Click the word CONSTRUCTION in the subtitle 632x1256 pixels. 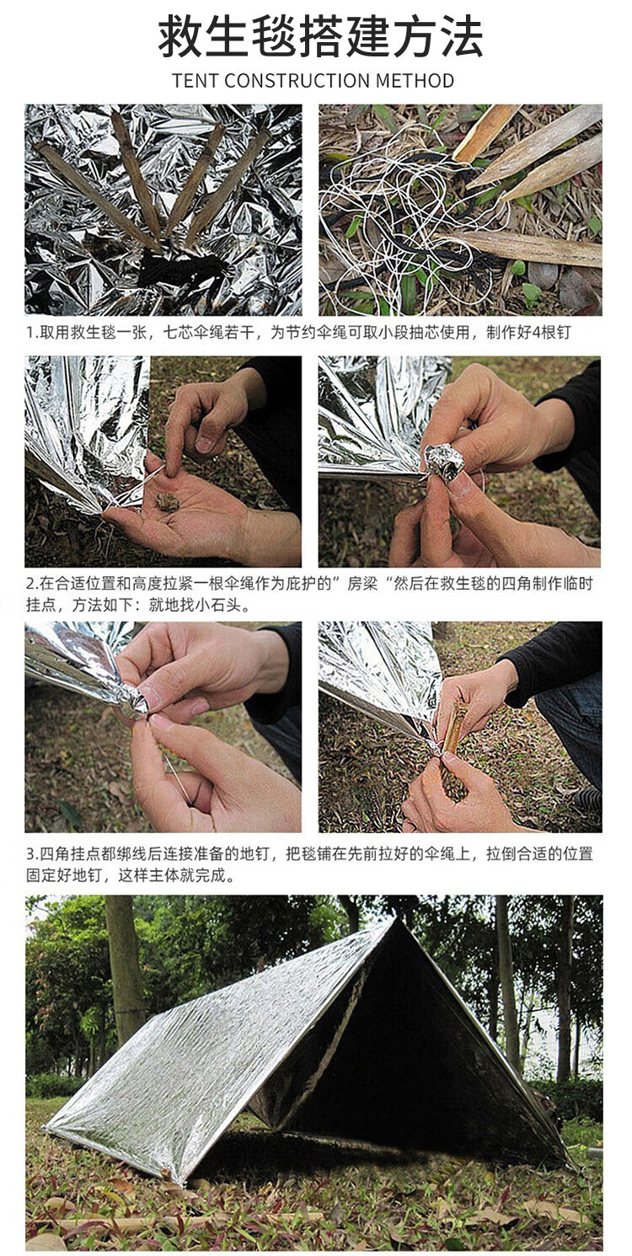tap(297, 80)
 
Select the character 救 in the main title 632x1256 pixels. tap(179, 36)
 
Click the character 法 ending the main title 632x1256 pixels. tap(462, 36)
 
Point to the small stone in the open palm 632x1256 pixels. tap(168, 502)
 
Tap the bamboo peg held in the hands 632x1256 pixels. tap(454, 746)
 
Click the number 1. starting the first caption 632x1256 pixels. tap(33, 333)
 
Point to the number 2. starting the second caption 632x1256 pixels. tap(33, 585)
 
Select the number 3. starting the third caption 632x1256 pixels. tap(33, 854)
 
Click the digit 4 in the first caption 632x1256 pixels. tap(536, 333)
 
